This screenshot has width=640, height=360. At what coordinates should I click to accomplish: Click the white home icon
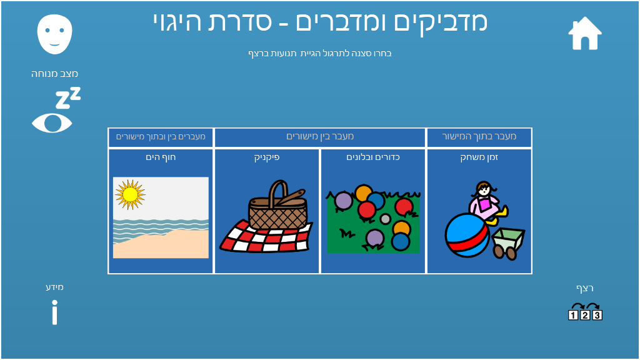click(x=585, y=34)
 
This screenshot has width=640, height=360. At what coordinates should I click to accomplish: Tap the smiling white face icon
click(x=55, y=34)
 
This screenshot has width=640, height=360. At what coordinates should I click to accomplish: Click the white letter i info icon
click(x=55, y=312)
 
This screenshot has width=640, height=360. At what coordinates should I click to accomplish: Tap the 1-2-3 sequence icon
click(x=585, y=311)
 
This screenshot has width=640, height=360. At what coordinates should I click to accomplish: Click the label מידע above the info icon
click(x=55, y=287)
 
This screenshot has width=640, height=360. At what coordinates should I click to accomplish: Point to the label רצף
click(x=585, y=288)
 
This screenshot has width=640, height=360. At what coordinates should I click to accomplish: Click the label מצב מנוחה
click(x=55, y=74)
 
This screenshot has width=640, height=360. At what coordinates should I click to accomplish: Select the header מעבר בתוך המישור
click(x=479, y=136)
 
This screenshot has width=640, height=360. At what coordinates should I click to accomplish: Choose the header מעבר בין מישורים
click(x=320, y=136)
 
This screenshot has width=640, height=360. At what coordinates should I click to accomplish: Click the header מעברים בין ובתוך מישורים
click(x=161, y=136)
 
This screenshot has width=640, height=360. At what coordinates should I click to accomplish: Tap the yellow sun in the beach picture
click(x=130, y=194)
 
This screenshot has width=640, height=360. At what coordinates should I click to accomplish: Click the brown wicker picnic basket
click(x=278, y=206)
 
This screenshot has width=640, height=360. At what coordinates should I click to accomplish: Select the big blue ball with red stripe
click(x=467, y=236)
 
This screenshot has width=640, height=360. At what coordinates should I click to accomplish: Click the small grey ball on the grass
click(x=385, y=219)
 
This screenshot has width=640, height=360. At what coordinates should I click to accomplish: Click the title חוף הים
click(x=161, y=157)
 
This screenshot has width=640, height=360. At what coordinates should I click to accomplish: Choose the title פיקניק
click(x=267, y=157)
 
